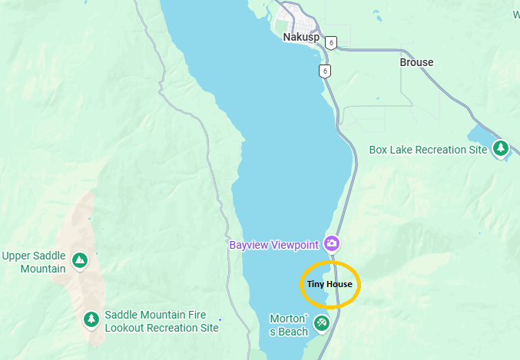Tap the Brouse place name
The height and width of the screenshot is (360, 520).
[x=416, y=62]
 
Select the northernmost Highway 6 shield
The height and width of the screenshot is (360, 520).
[x=330, y=42]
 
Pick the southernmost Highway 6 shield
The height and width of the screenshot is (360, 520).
[x=326, y=71]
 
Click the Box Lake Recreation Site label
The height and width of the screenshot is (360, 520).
[x=428, y=150]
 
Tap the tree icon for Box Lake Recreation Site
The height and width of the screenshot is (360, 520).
[x=501, y=147]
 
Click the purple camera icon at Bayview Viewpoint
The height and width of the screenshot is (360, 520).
[x=332, y=244]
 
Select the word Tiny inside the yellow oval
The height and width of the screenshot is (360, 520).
[x=316, y=284]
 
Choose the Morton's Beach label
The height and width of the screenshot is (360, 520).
[x=290, y=325]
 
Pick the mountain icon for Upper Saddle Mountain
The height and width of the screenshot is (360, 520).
[x=79, y=261]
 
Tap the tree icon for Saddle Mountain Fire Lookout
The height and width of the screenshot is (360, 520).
[x=91, y=319]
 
